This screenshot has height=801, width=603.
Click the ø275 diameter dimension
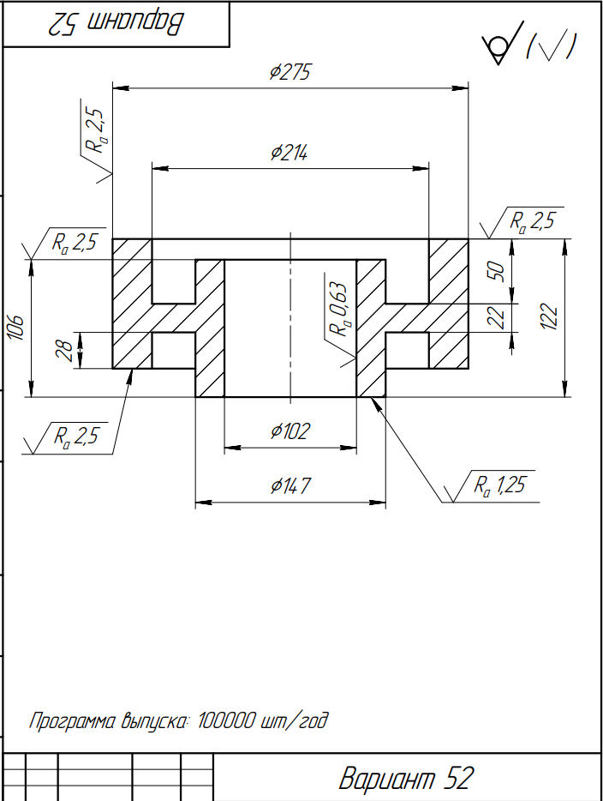290,72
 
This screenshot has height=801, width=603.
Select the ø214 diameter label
290,153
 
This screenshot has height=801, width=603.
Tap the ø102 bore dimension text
290,431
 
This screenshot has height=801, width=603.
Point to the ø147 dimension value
290,485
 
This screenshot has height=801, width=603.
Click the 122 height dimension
549,316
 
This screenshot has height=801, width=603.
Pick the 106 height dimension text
15,328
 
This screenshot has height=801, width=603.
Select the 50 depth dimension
497,271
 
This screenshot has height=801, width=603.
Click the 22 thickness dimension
497,317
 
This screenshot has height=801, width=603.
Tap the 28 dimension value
64,351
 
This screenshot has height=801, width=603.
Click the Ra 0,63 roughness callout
338,310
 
